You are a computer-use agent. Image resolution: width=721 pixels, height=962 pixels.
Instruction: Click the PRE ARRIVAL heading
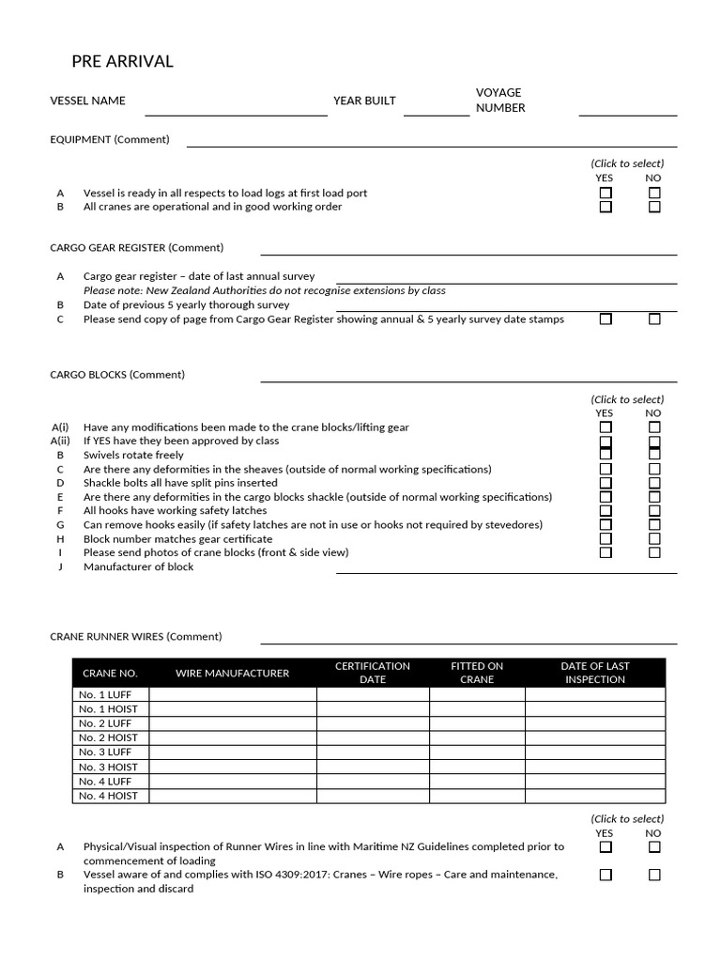click(122, 62)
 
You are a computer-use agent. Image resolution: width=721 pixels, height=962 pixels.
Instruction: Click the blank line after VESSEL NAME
click(236, 107)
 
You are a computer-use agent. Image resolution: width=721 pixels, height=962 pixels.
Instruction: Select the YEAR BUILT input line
click(436, 107)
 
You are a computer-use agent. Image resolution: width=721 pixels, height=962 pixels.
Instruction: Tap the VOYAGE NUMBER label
click(499, 100)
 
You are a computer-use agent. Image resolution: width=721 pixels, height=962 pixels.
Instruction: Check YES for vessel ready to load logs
click(606, 193)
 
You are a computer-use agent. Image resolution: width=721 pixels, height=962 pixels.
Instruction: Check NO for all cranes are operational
click(654, 207)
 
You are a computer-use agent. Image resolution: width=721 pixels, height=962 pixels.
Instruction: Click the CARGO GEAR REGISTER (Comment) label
click(136, 248)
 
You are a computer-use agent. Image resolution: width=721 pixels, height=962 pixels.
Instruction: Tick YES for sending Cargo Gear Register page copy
click(606, 319)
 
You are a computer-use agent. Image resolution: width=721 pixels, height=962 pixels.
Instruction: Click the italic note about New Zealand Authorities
click(264, 290)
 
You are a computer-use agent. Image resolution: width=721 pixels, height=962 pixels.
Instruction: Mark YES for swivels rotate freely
click(606, 455)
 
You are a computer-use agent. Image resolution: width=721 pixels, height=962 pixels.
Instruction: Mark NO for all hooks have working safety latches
click(654, 511)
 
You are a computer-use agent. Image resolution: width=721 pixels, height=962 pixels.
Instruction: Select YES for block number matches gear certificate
click(606, 539)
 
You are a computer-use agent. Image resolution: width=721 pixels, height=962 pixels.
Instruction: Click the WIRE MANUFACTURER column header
click(232, 673)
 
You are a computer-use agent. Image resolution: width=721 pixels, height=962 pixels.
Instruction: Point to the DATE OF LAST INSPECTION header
click(594, 673)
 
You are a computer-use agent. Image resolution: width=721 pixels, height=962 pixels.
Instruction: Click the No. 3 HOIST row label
click(109, 767)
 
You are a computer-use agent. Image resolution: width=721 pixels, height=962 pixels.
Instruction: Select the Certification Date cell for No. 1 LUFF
click(373, 695)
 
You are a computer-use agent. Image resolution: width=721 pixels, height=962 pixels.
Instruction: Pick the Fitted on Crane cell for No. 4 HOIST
click(477, 796)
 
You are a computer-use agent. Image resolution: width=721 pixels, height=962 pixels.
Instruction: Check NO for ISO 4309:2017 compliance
click(654, 875)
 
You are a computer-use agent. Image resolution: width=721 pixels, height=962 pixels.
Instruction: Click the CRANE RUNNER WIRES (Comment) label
click(136, 636)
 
